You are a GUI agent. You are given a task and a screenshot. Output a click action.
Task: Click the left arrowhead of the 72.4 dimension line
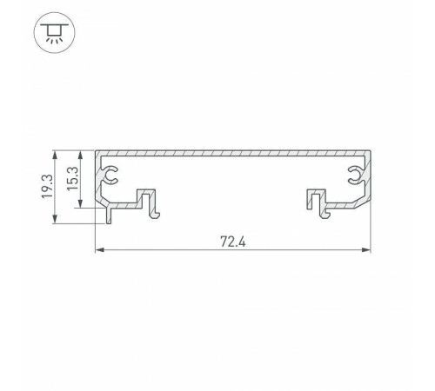pyautogui.click(x=98, y=252)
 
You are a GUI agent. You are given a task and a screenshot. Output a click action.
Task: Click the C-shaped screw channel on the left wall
pyautogui.click(x=110, y=177)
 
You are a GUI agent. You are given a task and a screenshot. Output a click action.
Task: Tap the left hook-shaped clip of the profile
pyautogui.click(x=151, y=202)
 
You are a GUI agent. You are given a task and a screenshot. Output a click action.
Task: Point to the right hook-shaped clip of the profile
pyautogui.click(x=317, y=202)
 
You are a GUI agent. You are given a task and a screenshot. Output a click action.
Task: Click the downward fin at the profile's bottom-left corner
pyautogui.click(x=110, y=215)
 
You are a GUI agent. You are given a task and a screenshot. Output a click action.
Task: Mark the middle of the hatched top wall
pyautogui.click(x=232, y=153)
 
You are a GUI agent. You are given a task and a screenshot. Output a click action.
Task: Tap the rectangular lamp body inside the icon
pyautogui.click(x=56, y=29)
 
